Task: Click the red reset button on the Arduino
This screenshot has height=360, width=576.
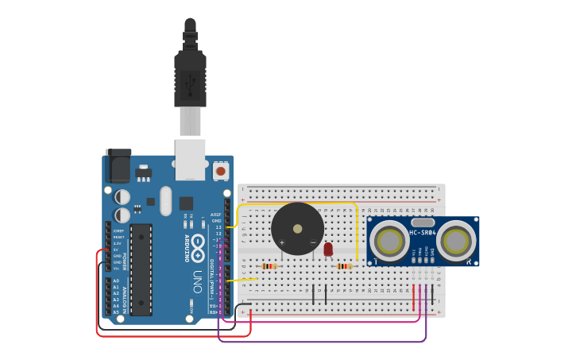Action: [220, 170]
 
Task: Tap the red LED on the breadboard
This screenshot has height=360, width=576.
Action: [328, 250]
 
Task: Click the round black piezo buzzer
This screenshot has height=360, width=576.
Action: [297, 229]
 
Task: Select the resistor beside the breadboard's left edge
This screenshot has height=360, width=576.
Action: [269, 266]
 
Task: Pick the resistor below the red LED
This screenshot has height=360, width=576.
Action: [344, 266]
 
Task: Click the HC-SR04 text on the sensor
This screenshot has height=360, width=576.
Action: [423, 233]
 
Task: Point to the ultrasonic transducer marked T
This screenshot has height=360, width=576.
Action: [390, 242]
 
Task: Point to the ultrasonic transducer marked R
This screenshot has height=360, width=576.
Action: [456, 242]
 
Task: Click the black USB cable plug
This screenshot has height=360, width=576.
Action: [190, 79]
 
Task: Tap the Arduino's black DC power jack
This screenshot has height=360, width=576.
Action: [118, 166]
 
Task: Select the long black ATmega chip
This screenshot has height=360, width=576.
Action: [141, 269]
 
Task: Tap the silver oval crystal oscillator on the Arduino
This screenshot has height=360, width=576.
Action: [165, 201]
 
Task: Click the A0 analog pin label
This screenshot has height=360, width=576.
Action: [116, 281]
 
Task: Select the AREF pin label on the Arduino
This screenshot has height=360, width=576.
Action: [215, 215]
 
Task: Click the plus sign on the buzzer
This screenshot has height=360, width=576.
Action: [281, 242]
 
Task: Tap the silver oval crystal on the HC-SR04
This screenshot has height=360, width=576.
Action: [423, 223]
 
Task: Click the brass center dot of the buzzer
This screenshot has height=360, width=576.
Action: [297, 229]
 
